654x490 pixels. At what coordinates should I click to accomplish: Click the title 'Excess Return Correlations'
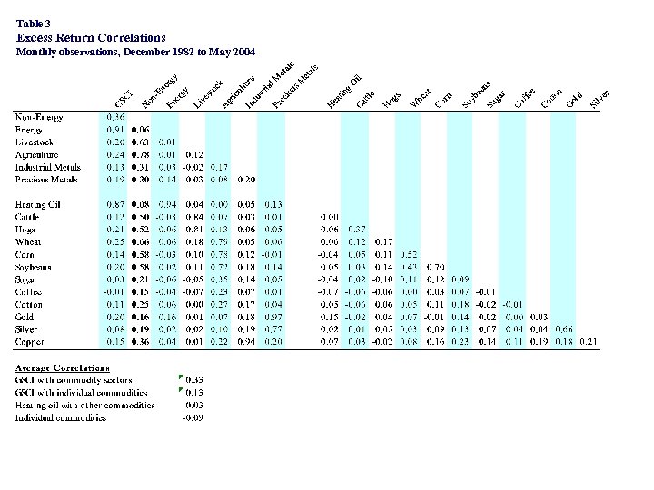(91, 38)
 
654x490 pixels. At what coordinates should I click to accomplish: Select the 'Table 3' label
(34, 23)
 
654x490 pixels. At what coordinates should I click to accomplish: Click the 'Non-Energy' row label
(37, 117)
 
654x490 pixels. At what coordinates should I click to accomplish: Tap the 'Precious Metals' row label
(46, 180)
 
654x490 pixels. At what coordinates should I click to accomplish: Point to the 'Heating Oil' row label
(38, 204)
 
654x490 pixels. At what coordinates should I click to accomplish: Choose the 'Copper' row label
(28, 342)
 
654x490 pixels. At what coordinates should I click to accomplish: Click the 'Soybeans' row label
(34, 267)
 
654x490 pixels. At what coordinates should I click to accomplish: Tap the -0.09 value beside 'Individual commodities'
(193, 417)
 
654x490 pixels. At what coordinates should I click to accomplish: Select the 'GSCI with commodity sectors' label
(74, 380)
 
